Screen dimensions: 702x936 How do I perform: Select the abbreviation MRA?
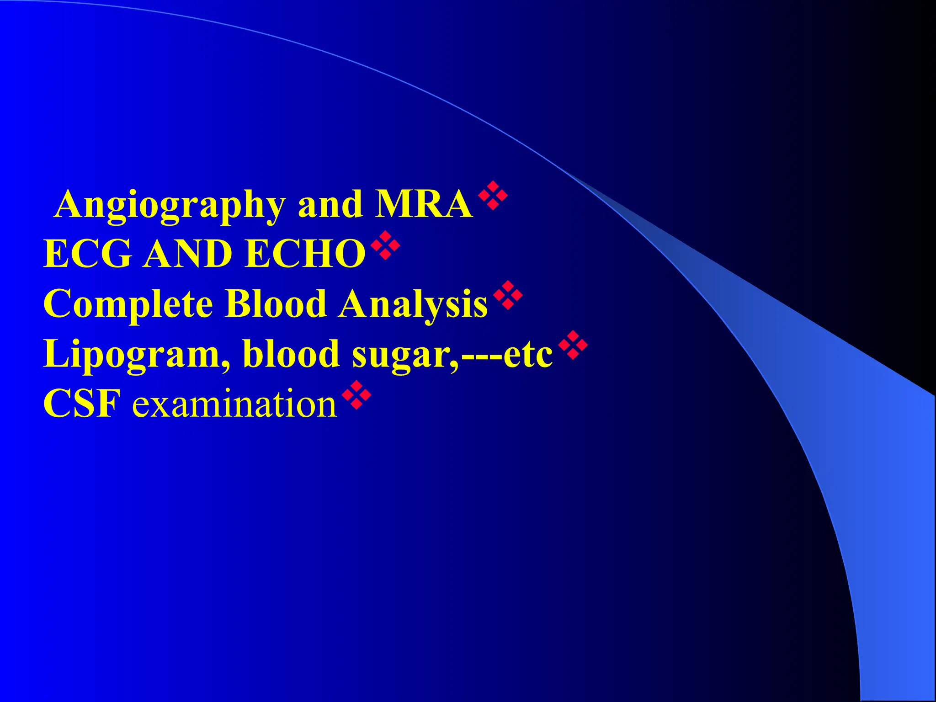click(x=424, y=204)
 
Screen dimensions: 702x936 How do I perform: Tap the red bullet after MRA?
click(x=493, y=195)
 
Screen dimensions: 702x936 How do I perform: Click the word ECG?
click(x=87, y=254)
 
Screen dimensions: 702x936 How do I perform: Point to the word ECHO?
click(x=305, y=254)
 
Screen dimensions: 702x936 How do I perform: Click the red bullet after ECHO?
click(x=385, y=245)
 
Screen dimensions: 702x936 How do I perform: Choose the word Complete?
click(x=128, y=304)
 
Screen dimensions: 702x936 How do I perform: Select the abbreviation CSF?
click(x=82, y=404)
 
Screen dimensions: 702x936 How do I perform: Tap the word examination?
click(x=234, y=404)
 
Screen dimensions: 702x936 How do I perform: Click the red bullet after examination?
click(x=356, y=395)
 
